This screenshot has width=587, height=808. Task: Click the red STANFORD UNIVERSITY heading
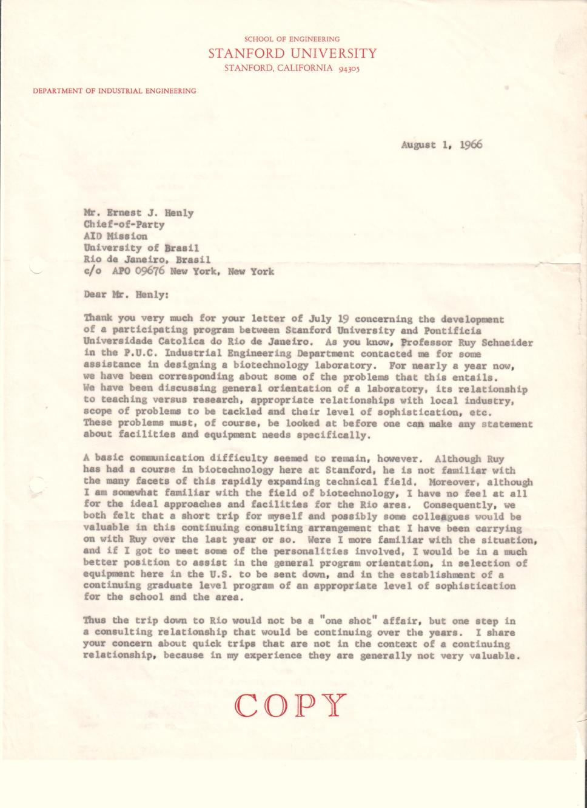(x=292, y=53)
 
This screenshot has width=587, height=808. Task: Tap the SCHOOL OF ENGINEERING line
(x=292, y=39)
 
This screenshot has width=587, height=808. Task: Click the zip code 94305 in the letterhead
(x=349, y=69)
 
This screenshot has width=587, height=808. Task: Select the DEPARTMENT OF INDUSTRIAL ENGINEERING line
(x=115, y=91)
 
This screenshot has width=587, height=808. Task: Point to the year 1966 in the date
(x=471, y=145)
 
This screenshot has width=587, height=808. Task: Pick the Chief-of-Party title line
(x=124, y=225)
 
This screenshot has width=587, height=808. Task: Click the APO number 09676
(x=151, y=271)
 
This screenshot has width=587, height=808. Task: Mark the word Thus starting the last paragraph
(x=95, y=621)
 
